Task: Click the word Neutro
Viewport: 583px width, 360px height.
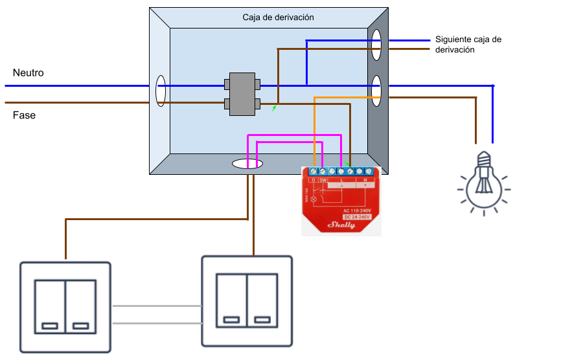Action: point(29,73)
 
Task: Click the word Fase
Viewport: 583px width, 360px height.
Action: point(25,115)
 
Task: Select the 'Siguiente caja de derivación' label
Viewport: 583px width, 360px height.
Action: point(468,44)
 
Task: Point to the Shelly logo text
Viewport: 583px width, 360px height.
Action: point(343,225)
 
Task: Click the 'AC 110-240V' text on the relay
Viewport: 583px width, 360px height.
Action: point(357,210)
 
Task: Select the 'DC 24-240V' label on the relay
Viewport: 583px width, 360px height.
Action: point(357,217)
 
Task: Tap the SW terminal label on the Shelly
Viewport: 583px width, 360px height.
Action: point(323,179)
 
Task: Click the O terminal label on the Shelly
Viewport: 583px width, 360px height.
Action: point(314,179)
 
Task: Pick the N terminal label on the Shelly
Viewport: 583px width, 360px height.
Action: point(365,179)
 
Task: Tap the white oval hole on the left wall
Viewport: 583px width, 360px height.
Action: point(161,91)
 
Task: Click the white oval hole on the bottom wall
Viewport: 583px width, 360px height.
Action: point(247,164)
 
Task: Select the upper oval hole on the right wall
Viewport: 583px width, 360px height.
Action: point(376,45)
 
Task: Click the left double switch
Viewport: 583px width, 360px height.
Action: point(65,306)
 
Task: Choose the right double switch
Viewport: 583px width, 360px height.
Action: point(247,300)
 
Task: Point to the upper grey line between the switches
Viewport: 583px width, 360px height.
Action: point(156,306)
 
